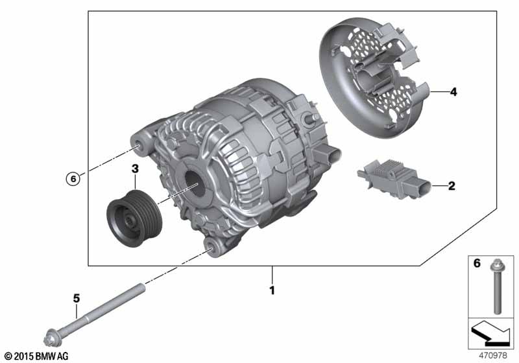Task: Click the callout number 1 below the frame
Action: pos(272,290)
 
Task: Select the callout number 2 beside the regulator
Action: pos(452,186)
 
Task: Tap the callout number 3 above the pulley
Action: pos(135,169)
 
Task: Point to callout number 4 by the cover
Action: pos(453,92)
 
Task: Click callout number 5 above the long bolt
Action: pos(77,299)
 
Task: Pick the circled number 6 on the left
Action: pos(73,179)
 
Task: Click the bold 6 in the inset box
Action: pos(477,263)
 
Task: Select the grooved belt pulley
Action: pos(134,218)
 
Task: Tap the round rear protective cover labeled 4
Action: pos(374,76)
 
